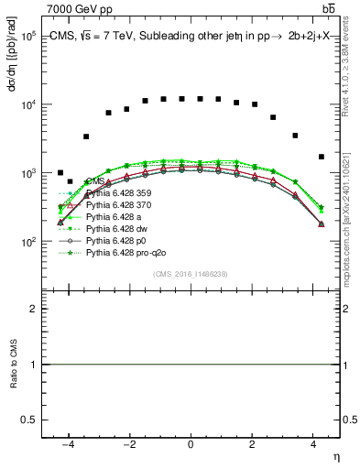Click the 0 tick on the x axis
191,444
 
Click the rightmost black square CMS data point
321,157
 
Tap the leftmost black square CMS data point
60,172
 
